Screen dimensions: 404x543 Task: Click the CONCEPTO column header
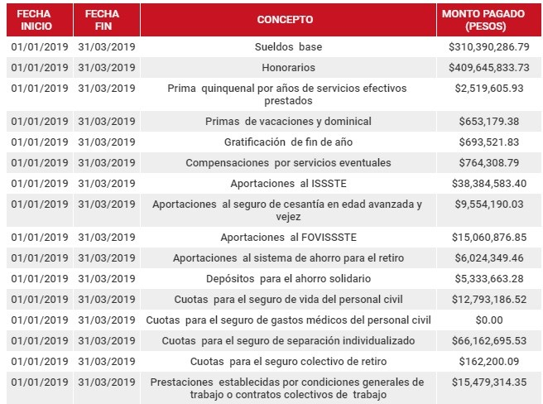point(286,18)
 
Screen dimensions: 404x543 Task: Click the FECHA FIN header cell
point(106,18)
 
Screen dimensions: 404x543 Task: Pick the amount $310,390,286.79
point(488,46)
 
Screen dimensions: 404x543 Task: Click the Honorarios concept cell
point(288,67)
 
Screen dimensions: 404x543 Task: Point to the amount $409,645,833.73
point(488,67)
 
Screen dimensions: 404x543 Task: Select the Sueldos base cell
point(288,46)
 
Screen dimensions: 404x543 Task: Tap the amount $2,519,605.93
point(488,88)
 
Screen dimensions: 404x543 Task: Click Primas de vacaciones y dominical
point(288,121)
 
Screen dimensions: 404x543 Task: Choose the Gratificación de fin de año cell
point(288,142)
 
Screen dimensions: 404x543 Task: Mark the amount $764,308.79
point(488,162)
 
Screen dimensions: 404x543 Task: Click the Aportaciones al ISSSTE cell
point(288,183)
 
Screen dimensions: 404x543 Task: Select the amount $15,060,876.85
point(488,237)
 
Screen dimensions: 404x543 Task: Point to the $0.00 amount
point(488,320)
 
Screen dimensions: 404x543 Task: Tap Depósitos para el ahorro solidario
point(288,278)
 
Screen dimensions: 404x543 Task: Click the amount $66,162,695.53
point(488,340)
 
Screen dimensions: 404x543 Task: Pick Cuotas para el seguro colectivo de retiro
point(288,361)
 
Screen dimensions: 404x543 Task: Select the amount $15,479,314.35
point(488,382)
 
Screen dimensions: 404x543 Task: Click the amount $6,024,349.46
point(488,257)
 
